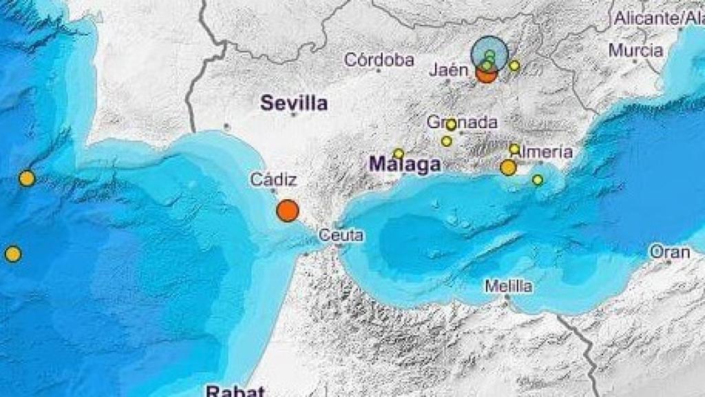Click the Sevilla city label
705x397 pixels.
point(293,104)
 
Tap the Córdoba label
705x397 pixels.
point(379,60)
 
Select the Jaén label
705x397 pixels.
point(449,70)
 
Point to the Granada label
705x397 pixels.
point(462,122)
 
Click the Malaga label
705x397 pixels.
point(405,165)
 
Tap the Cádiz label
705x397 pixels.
point(273,181)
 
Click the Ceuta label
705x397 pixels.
point(341,235)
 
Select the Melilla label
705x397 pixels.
point(508,286)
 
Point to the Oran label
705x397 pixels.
point(669,252)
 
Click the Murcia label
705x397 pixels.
point(635,50)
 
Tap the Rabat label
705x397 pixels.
point(235,391)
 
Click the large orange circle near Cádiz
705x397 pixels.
point(288,210)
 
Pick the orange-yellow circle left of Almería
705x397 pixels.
point(508,167)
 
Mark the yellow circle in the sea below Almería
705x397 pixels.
point(538,180)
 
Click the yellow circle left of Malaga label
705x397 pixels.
point(399,153)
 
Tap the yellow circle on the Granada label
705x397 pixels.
point(451,125)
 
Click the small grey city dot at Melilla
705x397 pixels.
point(507,297)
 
